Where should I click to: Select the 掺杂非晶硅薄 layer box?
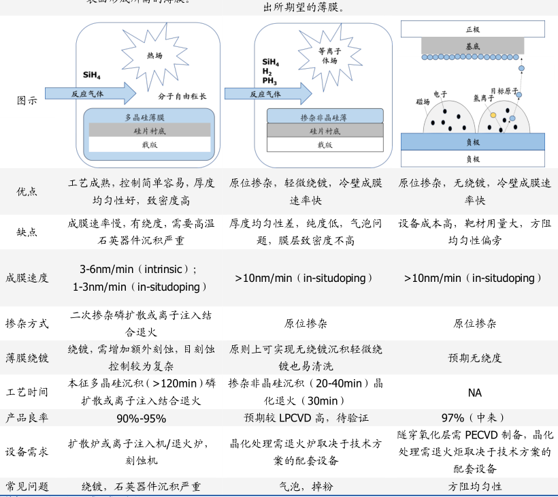click(324, 116)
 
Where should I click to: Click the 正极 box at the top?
click(473, 29)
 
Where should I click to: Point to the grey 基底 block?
click(473, 46)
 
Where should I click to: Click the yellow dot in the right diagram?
click(493, 114)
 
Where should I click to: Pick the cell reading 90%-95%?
click(142, 418)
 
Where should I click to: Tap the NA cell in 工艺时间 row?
click(474, 393)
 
